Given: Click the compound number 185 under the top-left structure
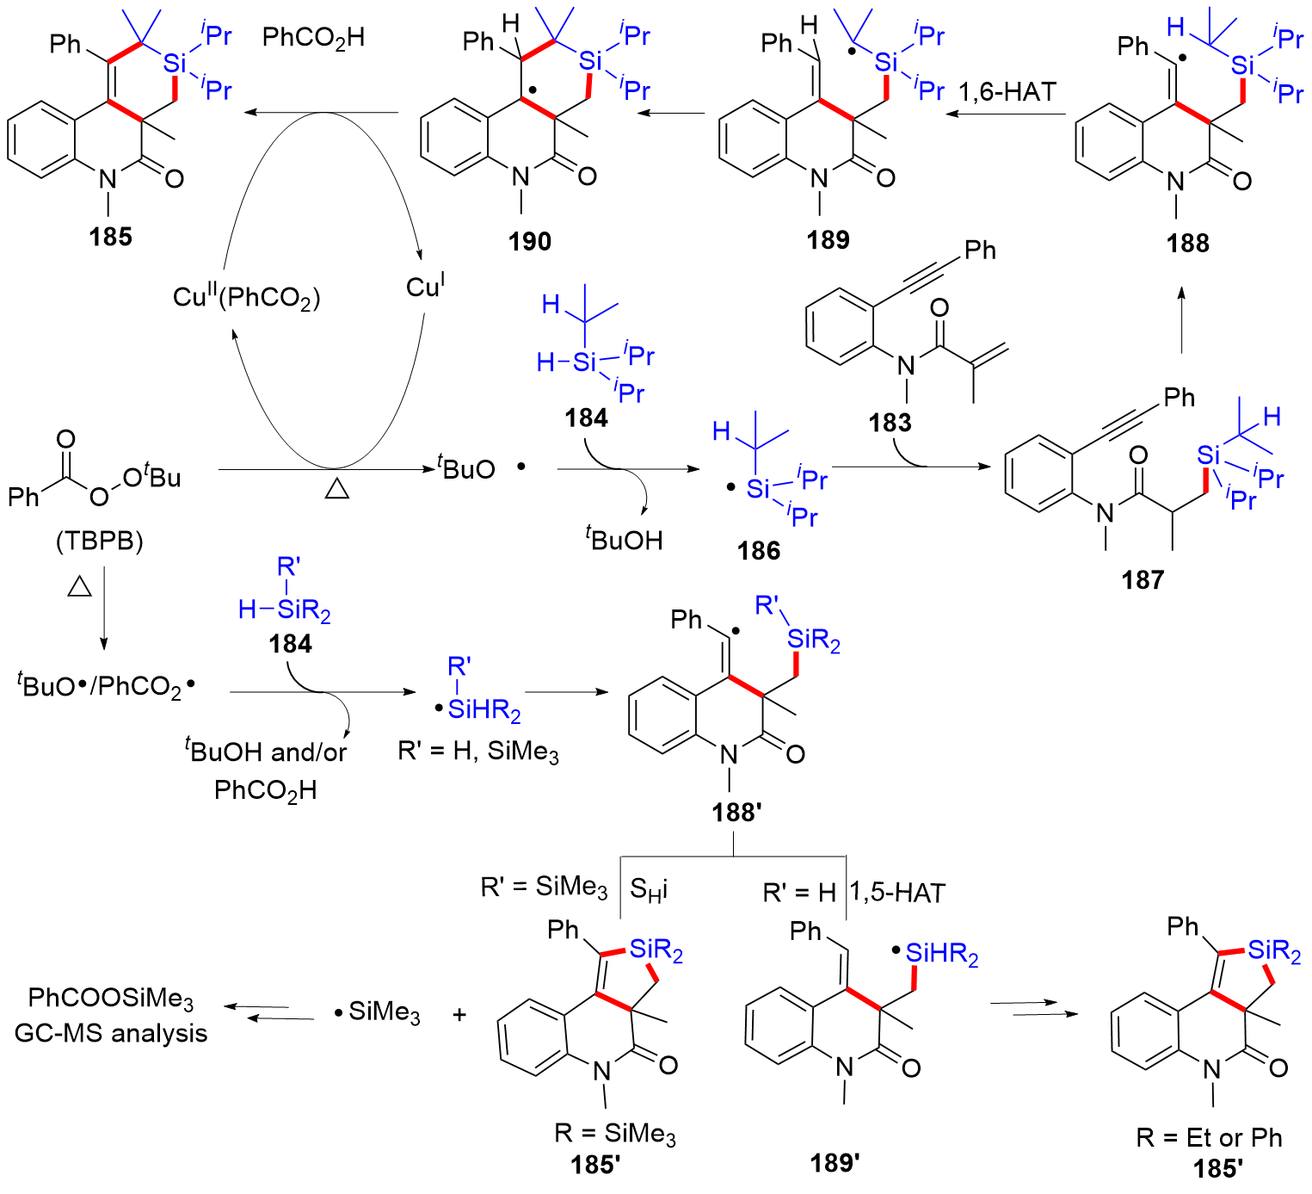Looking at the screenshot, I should click(110, 236).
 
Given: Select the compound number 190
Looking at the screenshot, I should click(529, 241).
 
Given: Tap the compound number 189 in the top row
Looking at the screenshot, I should click(828, 239).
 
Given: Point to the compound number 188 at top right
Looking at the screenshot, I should click(1187, 243).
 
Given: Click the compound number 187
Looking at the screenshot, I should click(1143, 580).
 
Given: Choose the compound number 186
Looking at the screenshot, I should click(758, 550).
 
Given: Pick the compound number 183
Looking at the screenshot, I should click(889, 423).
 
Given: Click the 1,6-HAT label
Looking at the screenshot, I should click(1007, 92).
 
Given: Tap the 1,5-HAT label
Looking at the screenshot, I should click(897, 893).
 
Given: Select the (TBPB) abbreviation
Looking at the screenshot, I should click(100, 541).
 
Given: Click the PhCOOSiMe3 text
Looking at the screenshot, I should click(110, 999).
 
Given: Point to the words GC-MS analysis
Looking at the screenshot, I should click(111, 1033).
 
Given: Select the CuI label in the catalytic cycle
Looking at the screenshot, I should click(425, 286).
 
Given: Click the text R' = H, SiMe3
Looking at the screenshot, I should click(478, 752).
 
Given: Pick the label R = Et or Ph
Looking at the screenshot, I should click(1209, 1138).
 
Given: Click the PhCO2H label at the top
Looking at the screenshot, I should click(313, 38).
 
